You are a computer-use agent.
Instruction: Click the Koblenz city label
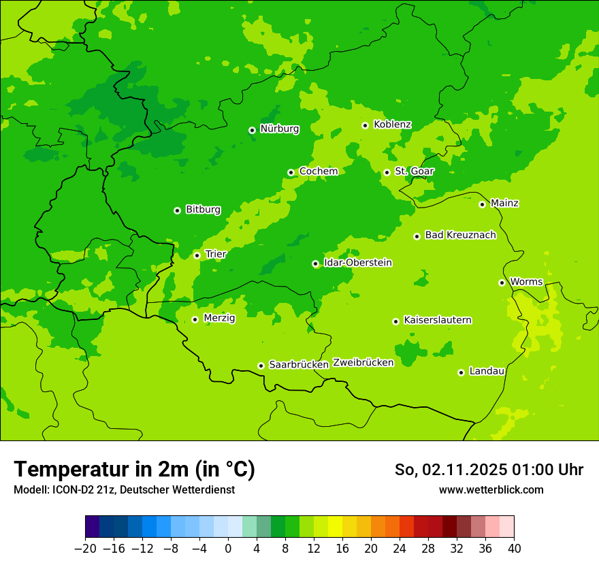pyautogui.click(x=392, y=125)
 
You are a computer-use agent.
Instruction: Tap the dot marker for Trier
pyautogui.click(x=197, y=255)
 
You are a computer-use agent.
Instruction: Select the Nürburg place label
pyautogui.click(x=279, y=129)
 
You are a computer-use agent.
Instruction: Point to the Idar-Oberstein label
pyautogui.click(x=357, y=263)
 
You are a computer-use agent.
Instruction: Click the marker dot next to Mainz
pyautogui.click(x=482, y=204)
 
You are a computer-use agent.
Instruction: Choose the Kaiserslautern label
pyautogui.click(x=437, y=320)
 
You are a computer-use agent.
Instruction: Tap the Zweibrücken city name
pyautogui.click(x=363, y=363)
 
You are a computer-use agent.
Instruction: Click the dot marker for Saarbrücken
pyautogui.click(x=261, y=366)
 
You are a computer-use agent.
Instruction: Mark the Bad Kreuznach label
pyautogui.click(x=460, y=235)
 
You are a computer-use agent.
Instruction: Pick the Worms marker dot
pyautogui.click(x=502, y=282)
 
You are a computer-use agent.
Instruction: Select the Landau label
pyautogui.click(x=487, y=371)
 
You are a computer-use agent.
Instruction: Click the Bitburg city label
pyautogui.click(x=203, y=210)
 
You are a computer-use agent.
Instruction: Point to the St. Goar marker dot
pyautogui.click(x=387, y=172)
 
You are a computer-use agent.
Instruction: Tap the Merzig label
pyautogui.click(x=219, y=318)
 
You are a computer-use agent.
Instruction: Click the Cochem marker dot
pyautogui.click(x=291, y=172)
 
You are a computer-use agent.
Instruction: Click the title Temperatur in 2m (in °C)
pyautogui.click(x=134, y=469)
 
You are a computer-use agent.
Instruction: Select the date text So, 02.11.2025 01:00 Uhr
pyautogui.click(x=489, y=470)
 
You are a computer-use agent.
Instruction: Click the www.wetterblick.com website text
pyautogui.click(x=491, y=489)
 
